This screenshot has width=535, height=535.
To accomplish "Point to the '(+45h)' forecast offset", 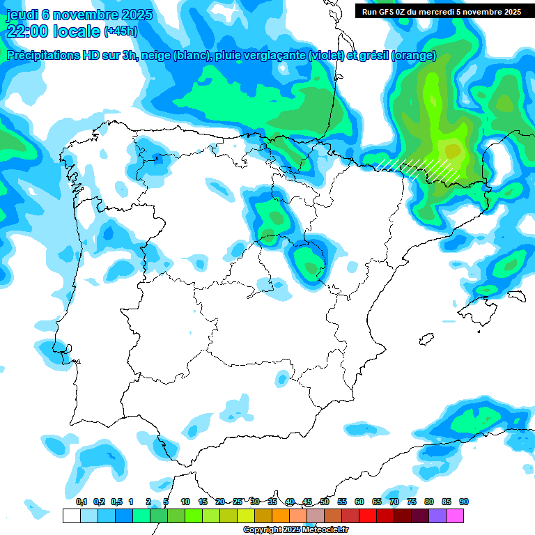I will point(121,31).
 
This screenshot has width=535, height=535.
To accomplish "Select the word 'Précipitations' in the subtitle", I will point(42,56).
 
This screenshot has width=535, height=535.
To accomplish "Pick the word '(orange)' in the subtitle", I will point(414,56).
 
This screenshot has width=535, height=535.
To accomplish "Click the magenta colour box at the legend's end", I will point(455,515).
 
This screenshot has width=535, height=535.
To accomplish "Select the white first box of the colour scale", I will point(71,515).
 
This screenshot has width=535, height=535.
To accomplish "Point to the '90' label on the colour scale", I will point(463,502).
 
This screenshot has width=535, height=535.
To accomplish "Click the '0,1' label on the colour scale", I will point(81,502).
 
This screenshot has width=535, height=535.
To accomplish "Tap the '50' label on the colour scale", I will point(325,502).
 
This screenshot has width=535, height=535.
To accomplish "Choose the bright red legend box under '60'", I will point(368,515).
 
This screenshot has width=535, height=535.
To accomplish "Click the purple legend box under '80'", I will point(437,515).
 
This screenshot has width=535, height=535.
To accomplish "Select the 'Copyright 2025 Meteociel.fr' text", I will point(295,530).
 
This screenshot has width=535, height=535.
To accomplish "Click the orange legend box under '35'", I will point(281,515).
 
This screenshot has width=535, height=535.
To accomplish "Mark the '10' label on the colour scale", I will point(185,502).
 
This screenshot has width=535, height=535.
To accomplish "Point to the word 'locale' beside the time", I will point(77,31).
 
